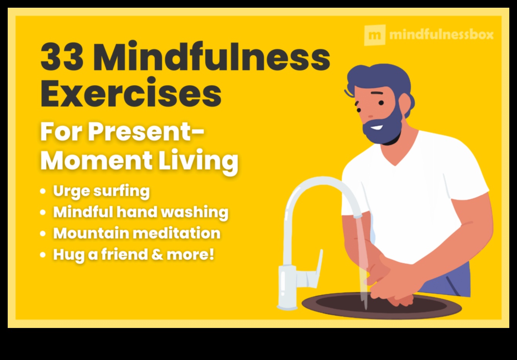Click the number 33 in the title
pos(62,58)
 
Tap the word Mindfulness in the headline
pos(211,58)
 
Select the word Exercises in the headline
pos(131,94)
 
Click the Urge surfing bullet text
pos(101,191)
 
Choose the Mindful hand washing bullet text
pos(140,212)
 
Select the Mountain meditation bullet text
pos(137,233)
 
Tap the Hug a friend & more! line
pos(133,255)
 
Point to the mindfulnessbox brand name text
pos(441,35)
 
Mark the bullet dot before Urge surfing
pos(43,191)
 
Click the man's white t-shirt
pos(417,193)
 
